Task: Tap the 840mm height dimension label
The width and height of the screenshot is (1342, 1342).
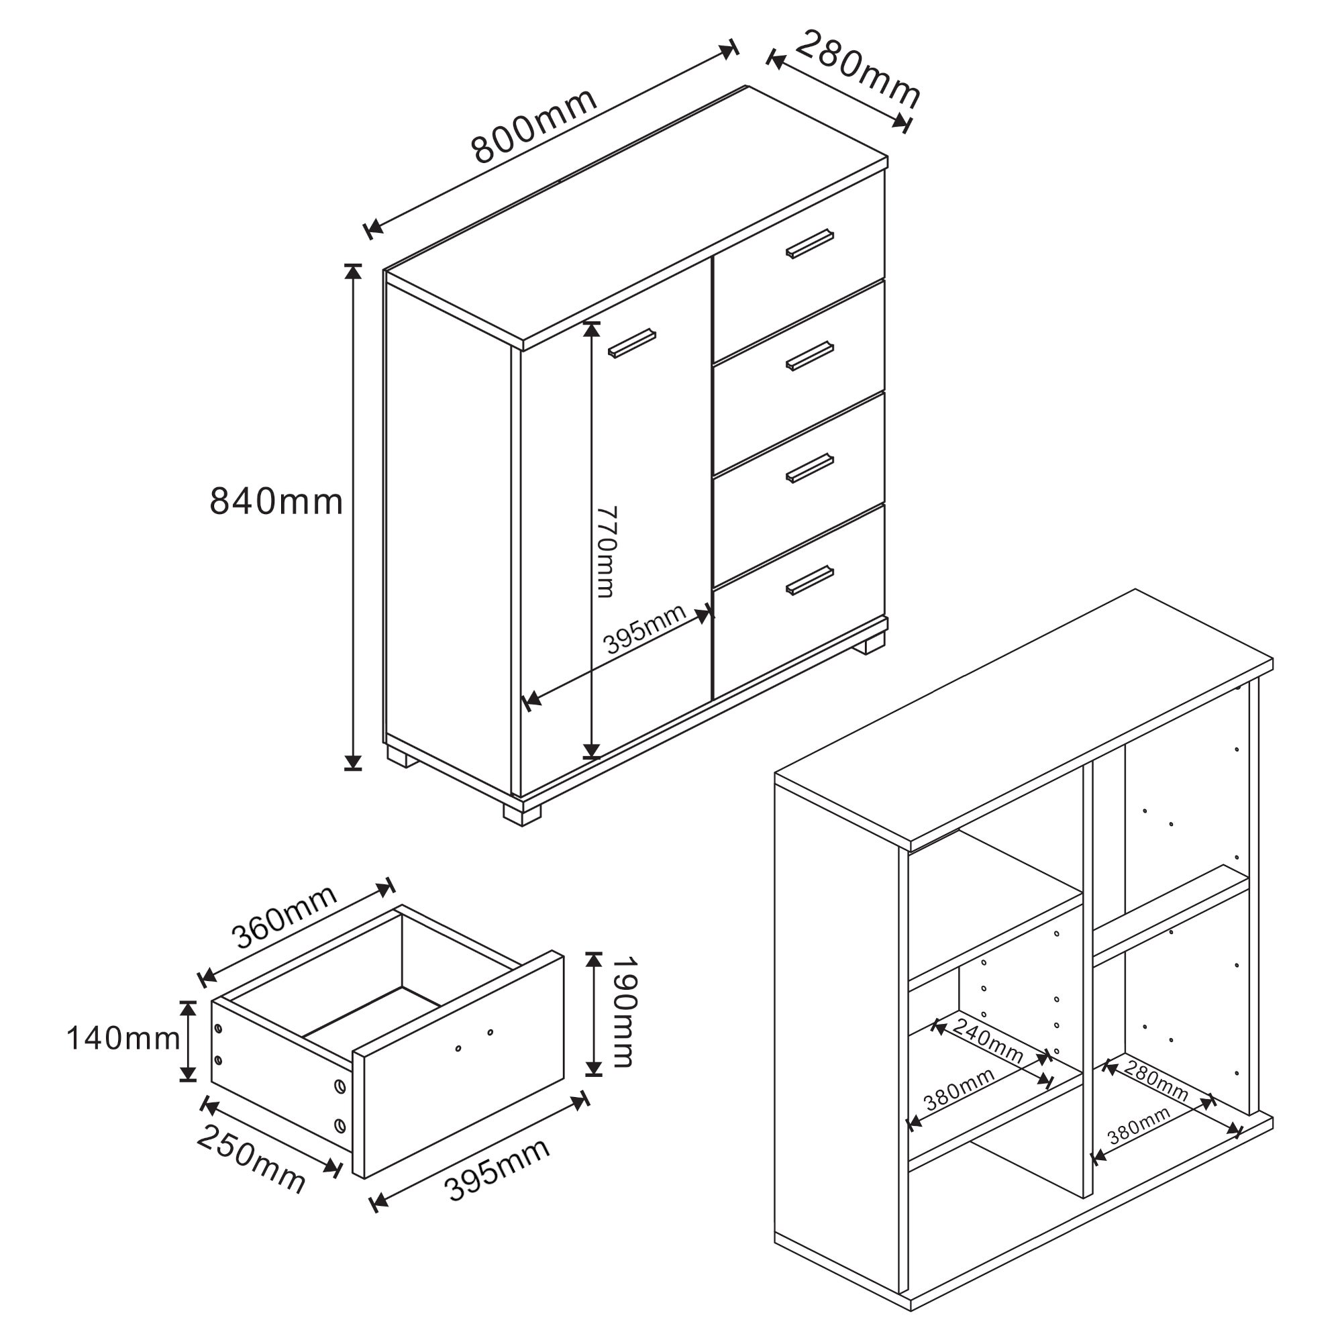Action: [x=276, y=501]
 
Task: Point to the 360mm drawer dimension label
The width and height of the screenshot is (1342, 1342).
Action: [x=285, y=917]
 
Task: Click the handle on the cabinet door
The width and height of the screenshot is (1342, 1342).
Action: [x=632, y=343]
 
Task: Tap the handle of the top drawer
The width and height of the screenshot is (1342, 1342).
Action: [x=810, y=244]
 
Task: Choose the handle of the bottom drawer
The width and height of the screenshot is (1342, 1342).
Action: [x=810, y=580]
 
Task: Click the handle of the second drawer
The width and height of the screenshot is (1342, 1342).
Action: [x=810, y=356]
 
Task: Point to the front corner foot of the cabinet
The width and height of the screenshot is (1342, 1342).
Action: [x=521, y=813]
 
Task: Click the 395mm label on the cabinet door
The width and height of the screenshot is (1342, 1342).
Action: [x=645, y=629]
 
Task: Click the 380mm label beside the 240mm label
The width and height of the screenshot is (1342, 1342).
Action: [x=960, y=1088]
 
